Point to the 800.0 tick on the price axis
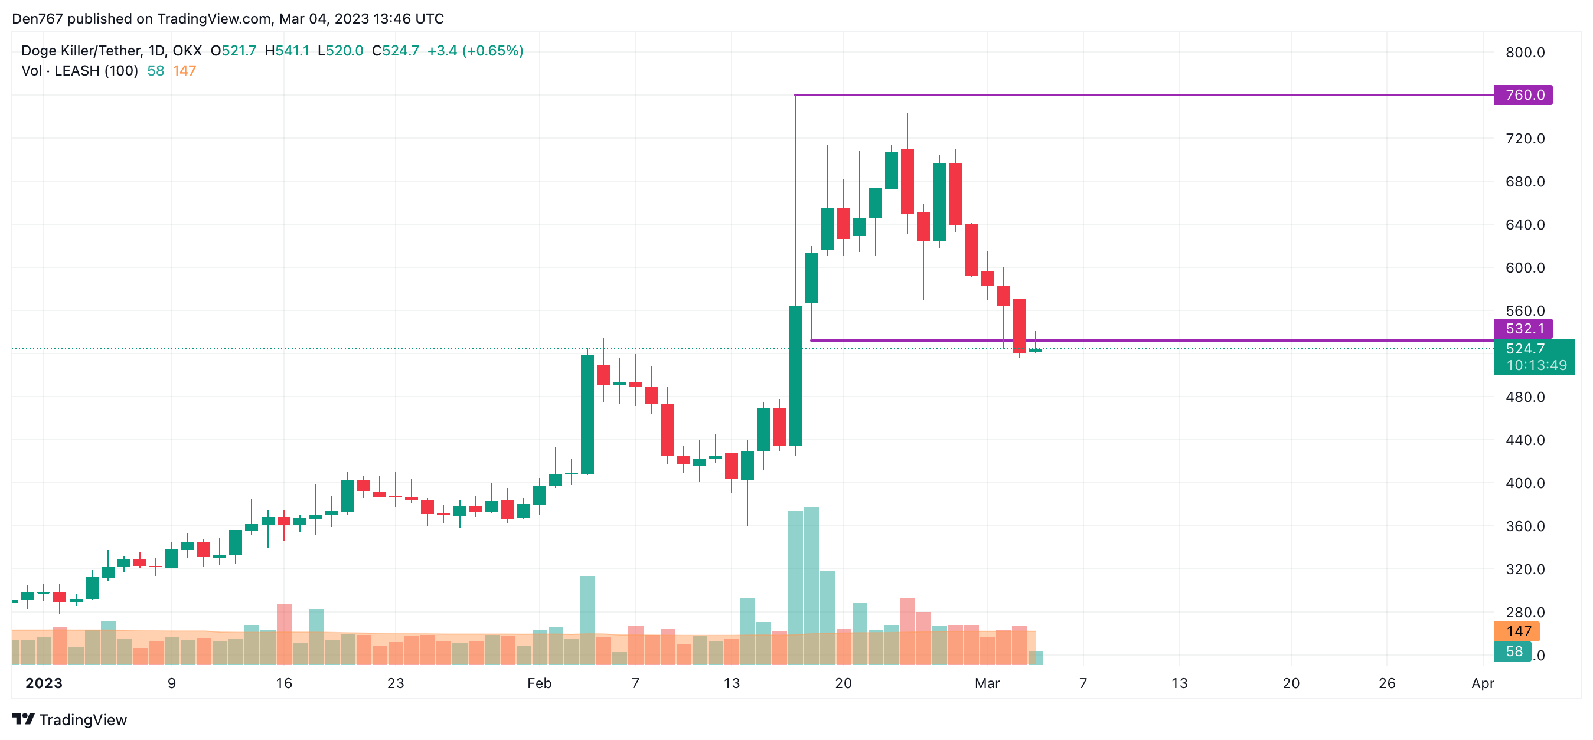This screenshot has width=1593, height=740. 1525,53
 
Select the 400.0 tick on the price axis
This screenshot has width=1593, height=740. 1525,483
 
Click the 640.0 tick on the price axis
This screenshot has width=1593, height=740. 1525,224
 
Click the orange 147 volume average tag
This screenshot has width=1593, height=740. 1517,631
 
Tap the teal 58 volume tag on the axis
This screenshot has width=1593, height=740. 1513,651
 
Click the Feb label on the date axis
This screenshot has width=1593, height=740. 538,683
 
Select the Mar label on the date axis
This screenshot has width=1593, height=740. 987,683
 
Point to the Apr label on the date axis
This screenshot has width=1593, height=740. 1483,683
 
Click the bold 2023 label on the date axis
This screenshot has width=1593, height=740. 43,683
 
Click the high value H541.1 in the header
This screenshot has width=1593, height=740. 286,51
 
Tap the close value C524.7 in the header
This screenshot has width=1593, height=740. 394,51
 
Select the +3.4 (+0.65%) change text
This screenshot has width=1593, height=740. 475,51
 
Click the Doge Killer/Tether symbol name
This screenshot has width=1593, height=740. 81,51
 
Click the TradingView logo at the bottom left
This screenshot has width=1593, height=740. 69,719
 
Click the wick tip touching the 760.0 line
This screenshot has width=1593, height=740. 795,96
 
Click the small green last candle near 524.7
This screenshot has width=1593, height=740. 1035,350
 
